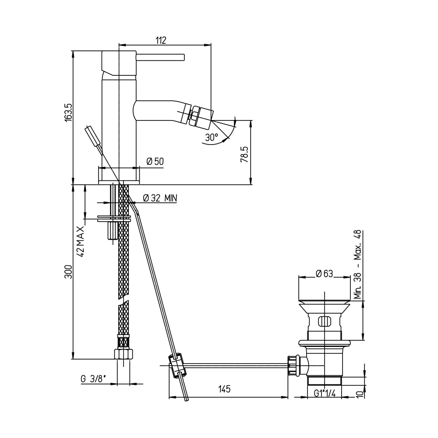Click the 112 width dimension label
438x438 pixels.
click(161, 40)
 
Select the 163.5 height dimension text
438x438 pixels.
click(68, 112)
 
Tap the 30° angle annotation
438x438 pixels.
click(212, 138)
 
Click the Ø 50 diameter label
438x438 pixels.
click(155, 161)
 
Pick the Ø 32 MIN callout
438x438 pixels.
click(160, 198)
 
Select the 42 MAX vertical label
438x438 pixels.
click(80, 242)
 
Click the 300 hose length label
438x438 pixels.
click(68, 272)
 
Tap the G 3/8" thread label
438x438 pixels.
click(93, 379)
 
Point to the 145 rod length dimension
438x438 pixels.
click(224, 389)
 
